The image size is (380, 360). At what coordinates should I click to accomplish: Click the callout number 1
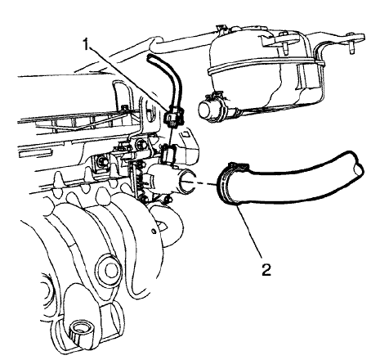pos(86,44)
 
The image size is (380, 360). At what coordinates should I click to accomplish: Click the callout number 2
pos(266,269)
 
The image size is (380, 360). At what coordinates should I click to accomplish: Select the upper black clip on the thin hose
pos(173,117)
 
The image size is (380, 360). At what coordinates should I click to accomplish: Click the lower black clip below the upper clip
pos(169,155)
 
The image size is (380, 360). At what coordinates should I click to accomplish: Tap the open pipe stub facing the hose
pos(187,182)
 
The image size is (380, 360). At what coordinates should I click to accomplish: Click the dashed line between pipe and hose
pos(206,183)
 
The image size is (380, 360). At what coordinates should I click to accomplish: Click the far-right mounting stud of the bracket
pos(351,47)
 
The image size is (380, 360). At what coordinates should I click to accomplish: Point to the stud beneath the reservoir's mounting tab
pos(285,48)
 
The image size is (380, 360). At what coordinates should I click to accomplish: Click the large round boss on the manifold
pos(110,268)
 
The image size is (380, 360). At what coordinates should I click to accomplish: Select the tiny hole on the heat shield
pos(154,232)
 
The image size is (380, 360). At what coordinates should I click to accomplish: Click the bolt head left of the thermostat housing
pos(103,163)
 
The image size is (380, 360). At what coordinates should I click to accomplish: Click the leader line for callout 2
pos(249,232)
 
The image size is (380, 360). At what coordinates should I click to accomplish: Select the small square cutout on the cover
pos(186,134)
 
